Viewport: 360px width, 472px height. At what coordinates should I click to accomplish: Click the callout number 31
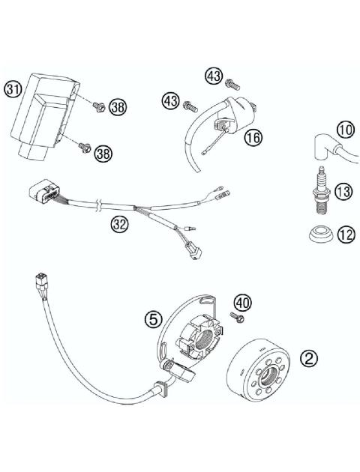12,89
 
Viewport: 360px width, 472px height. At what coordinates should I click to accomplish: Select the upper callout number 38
117,107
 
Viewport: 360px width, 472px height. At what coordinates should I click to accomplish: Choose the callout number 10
344,130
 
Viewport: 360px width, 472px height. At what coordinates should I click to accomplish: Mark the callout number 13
343,193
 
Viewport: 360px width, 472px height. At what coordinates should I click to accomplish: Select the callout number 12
343,235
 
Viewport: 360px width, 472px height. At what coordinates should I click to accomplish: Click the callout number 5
153,318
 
